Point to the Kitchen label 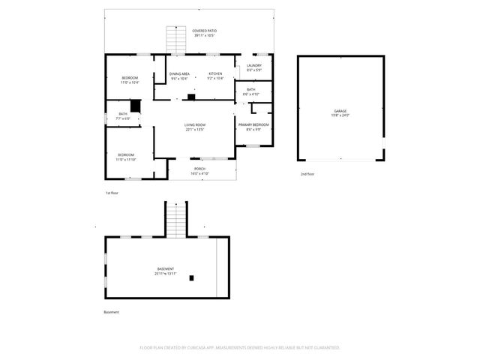[215, 76]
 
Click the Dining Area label [179, 76]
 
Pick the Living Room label [195, 127]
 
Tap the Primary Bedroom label [253, 127]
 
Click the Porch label [199, 172]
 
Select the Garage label [340, 113]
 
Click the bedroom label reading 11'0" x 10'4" [130, 80]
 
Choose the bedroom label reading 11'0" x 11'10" [125, 157]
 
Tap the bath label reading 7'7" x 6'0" [123, 116]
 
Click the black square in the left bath [136, 106]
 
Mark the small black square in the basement [192, 277]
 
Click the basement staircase [175, 219]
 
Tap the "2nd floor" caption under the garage [307, 173]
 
